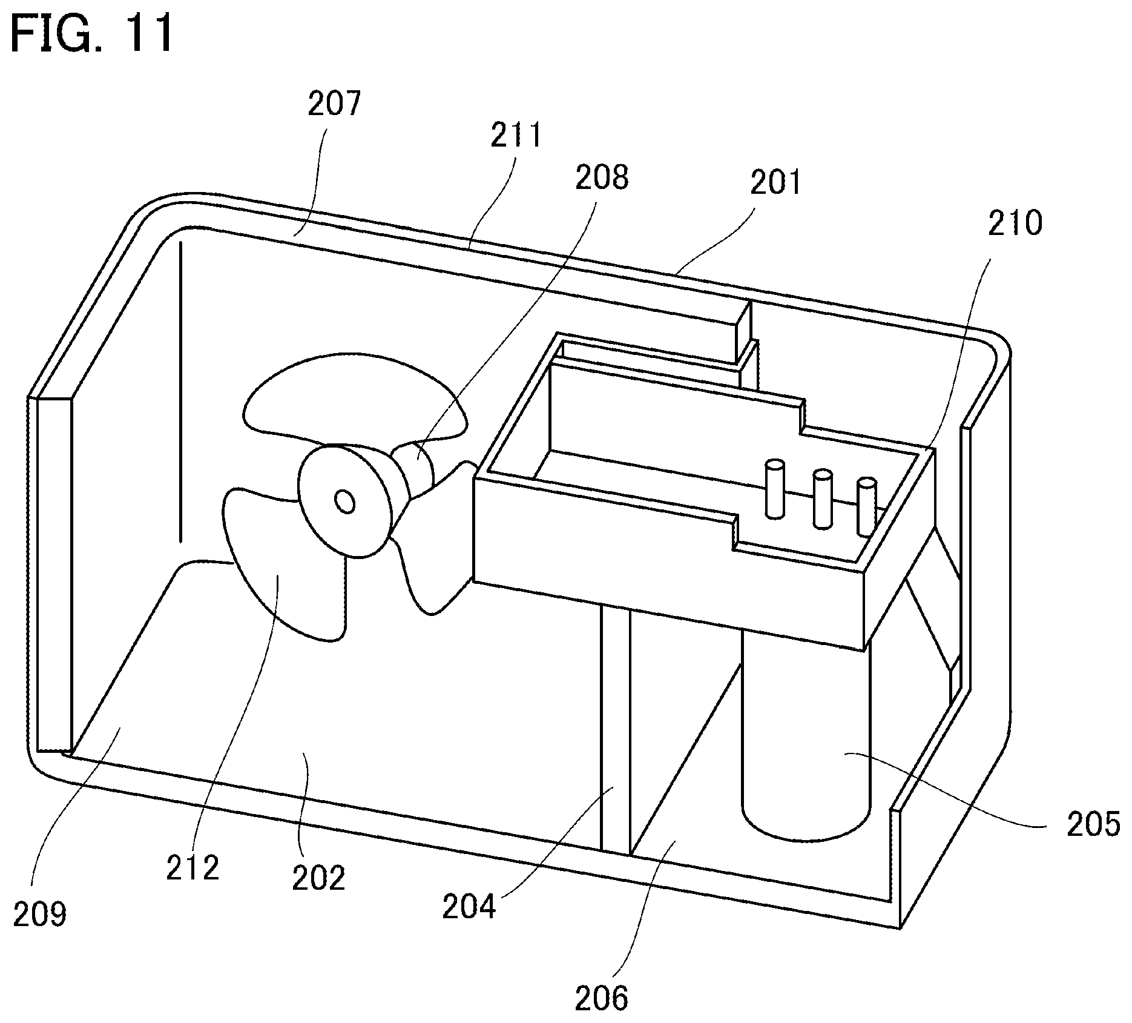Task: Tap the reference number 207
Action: click(x=334, y=105)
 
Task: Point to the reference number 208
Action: click(x=602, y=177)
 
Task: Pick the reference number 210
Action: click(x=1015, y=223)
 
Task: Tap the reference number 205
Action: click(x=1093, y=825)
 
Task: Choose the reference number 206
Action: click(x=601, y=998)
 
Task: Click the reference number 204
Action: click(x=469, y=907)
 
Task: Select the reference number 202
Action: click(x=318, y=878)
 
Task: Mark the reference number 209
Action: click(x=40, y=915)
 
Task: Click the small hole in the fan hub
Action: click(x=346, y=502)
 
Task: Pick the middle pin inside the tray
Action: click(x=821, y=499)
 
